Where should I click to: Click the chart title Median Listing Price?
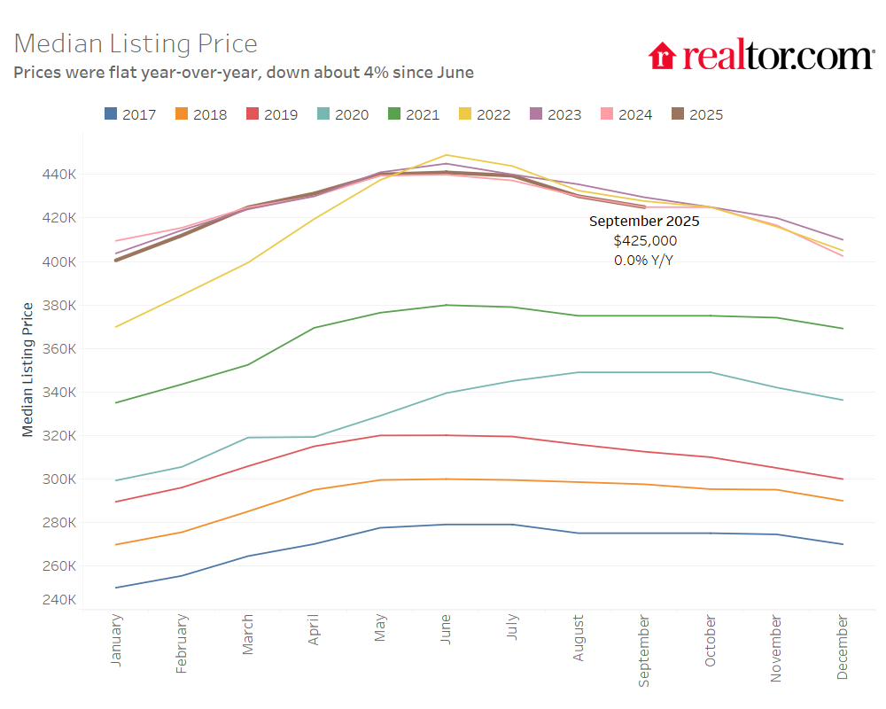[x=136, y=43]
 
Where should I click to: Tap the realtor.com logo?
[x=760, y=56]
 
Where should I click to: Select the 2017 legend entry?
[x=130, y=114]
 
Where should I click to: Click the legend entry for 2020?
[x=343, y=114]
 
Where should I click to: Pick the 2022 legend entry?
[x=485, y=114]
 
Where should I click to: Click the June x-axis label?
[x=446, y=634]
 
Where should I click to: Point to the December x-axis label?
[x=842, y=648]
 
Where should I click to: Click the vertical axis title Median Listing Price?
[x=27, y=370]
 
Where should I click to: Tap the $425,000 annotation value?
[x=645, y=241]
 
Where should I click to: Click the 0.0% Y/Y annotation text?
[x=645, y=261]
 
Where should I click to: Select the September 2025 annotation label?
[x=644, y=222]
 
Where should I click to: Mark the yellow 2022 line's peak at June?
[x=446, y=155]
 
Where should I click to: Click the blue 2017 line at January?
[x=116, y=588]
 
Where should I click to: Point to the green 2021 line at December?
[x=842, y=329]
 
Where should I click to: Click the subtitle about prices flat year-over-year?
[x=244, y=73]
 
